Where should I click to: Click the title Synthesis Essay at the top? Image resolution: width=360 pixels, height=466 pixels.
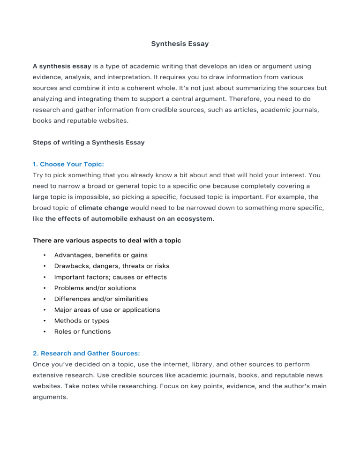pyautogui.click(x=180, y=44)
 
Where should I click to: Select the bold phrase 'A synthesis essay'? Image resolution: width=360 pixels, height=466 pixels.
pyautogui.click(x=62, y=67)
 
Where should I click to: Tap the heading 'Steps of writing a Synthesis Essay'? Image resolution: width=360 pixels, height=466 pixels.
pyautogui.click(x=89, y=143)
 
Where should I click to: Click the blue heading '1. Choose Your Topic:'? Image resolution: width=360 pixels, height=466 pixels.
pyautogui.click(x=68, y=164)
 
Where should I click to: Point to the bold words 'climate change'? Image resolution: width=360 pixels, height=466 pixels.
pyautogui.click(x=103, y=208)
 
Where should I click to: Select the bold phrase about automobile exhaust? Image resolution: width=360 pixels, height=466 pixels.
pyautogui.click(x=130, y=218)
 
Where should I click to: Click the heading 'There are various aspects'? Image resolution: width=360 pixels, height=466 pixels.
pyautogui.click(x=107, y=241)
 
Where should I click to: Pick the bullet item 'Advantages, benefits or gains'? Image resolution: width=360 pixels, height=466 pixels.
pyautogui.click(x=101, y=255)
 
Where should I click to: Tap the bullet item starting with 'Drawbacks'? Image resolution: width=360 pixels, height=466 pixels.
pyautogui.click(x=112, y=266)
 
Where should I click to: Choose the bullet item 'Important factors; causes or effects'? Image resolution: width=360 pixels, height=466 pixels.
pyautogui.click(x=110, y=277)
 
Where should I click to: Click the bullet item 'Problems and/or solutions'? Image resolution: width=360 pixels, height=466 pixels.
pyautogui.click(x=95, y=288)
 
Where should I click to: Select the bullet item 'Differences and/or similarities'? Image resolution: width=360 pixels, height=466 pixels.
pyautogui.click(x=101, y=299)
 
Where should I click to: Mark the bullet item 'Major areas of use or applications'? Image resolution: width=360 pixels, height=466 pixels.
pyautogui.click(x=107, y=310)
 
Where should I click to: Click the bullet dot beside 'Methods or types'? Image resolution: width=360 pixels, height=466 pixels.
pyautogui.click(x=44, y=321)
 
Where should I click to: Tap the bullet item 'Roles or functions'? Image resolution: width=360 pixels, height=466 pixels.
pyautogui.click(x=82, y=331)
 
